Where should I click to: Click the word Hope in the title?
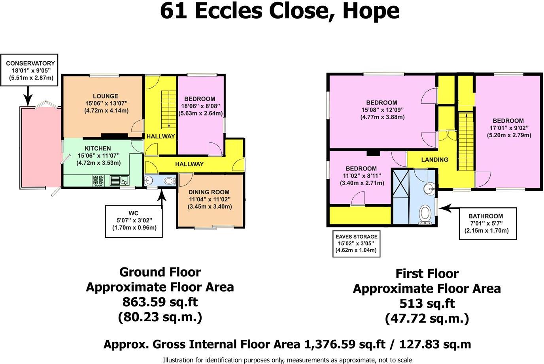(x=370, y=11)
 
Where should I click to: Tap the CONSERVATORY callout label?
(x=30, y=63)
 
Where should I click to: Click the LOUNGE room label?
(x=105, y=96)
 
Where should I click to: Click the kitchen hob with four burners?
(x=98, y=181)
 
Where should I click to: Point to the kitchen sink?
(x=120, y=181)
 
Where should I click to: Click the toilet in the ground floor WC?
(x=169, y=181)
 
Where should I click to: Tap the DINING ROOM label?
(x=209, y=192)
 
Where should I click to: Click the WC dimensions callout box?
(x=134, y=221)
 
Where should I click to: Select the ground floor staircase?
(x=169, y=109)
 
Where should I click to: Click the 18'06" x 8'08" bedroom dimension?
(x=200, y=106)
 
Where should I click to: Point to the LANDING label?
(x=434, y=160)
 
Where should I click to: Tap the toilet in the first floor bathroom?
(x=426, y=214)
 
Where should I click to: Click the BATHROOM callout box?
(x=487, y=224)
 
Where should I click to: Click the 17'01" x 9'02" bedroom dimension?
(x=508, y=128)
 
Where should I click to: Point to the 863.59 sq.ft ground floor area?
(x=160, y=302)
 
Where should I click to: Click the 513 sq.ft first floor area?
(x=427, y=304)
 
